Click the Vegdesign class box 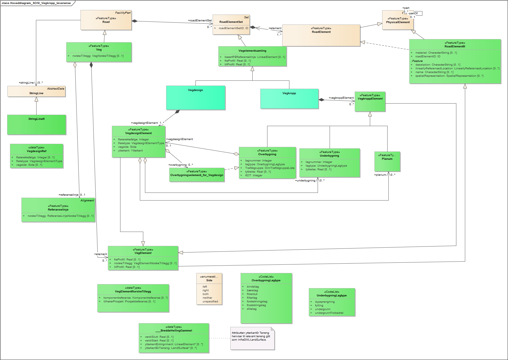(x=195, y=98)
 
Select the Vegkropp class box (x=289, y=99)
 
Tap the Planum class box (x=387, y=161)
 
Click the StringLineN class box (x=37, y=125)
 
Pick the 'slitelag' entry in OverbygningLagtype (x=251, y=309)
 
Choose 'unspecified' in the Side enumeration (x=210, y=302)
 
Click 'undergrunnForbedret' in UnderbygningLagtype (x=329, y=313)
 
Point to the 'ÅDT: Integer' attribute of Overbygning (x=253, y=175)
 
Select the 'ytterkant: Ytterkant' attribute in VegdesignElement (x=130, y=151)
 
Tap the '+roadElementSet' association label (x=200, y=21)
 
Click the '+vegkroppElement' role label (x=341, y=98)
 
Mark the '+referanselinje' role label (x=68, y=195)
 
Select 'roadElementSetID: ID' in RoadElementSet (x=233, y=28)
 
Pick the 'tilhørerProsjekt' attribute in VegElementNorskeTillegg (x=129, y=302)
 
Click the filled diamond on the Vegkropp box (x=322, y=100)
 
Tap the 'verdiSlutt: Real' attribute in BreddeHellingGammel (x=159, y=337)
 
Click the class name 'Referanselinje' (x=58, y=210)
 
